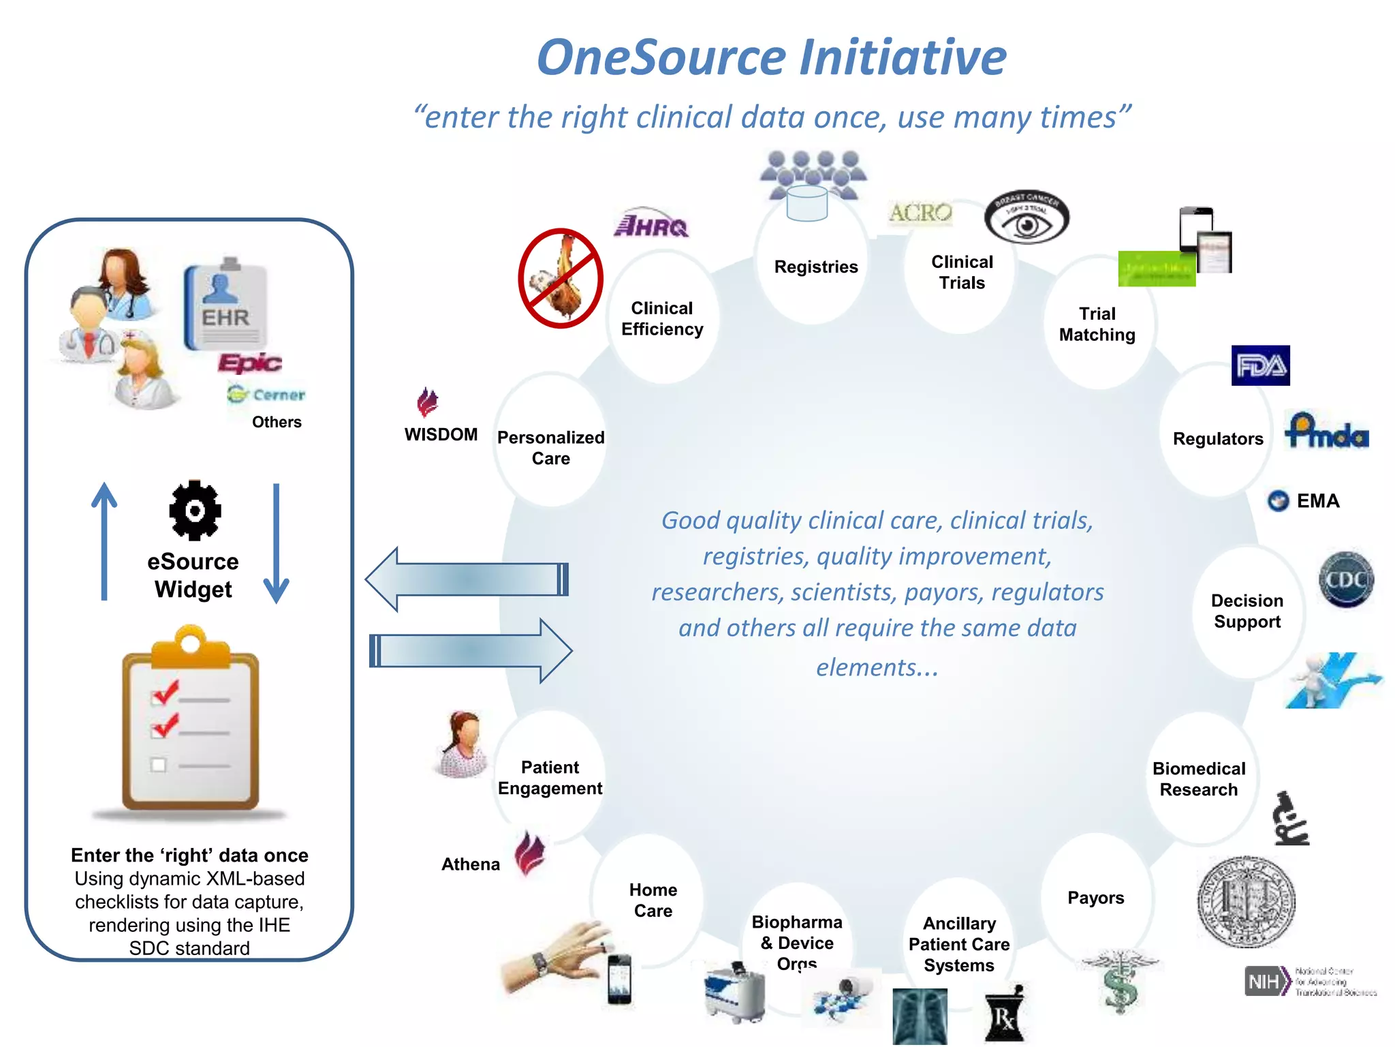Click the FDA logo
[1260, 365]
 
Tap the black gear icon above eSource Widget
[195, 511]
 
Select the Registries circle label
[815, 267]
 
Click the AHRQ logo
[651, 224]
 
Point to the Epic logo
[249, 363]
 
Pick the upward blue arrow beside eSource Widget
[104, 542]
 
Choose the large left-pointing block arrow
[467, 579]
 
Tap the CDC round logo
[1346, 579]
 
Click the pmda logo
[1326, 431]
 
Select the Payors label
[1095, 898]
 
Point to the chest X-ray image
[920, 1016]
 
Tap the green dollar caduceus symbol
[1120, 982]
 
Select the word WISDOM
[441, 435]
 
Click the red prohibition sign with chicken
[560, 279]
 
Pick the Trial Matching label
[1097, 324]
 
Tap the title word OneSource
[661, 57]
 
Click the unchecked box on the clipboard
[159, 765]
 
